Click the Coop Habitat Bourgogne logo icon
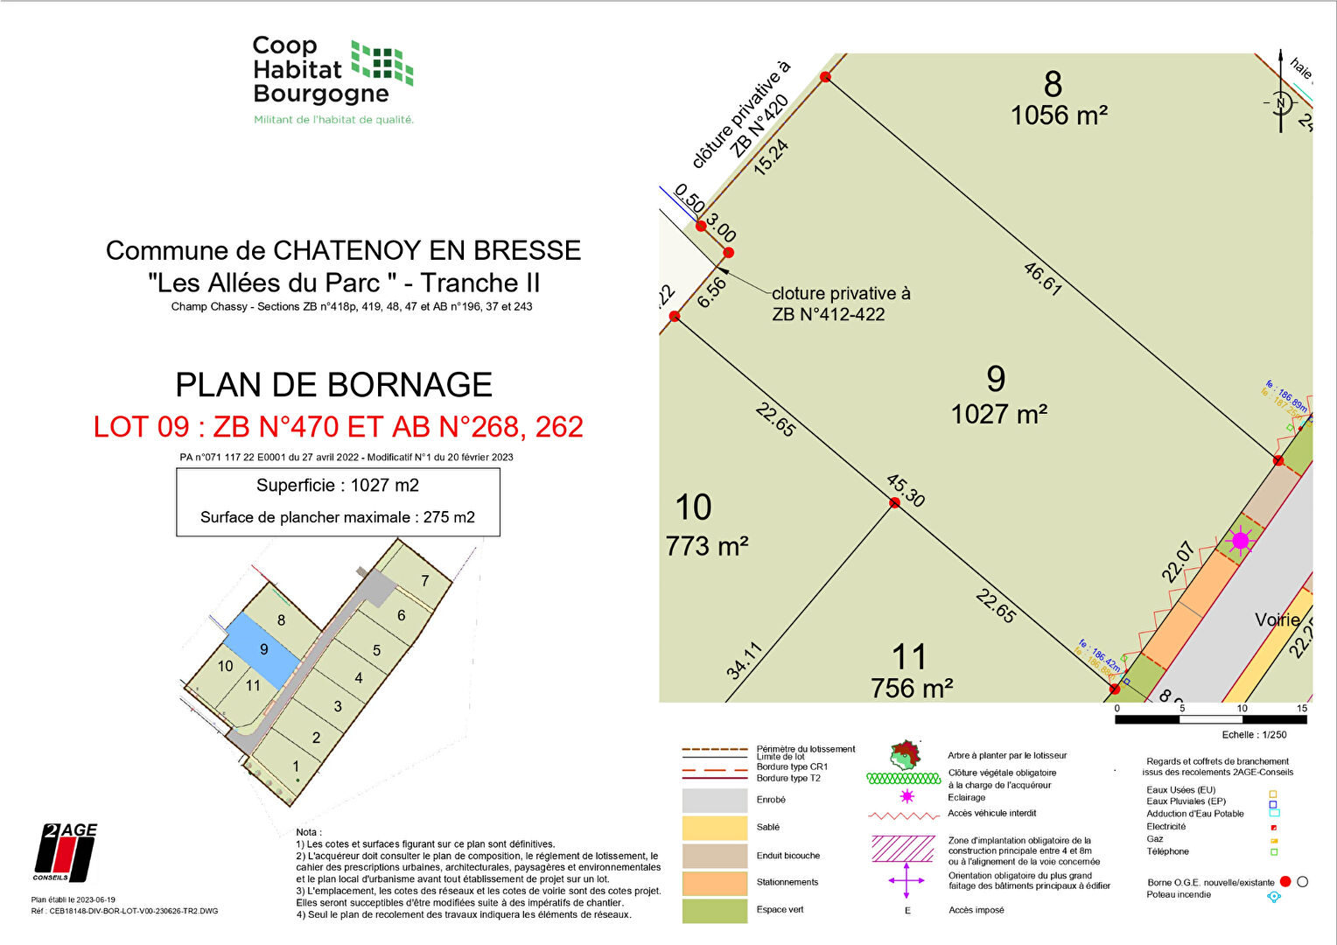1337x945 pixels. click(382, 62)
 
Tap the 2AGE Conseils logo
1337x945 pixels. click(66, 852)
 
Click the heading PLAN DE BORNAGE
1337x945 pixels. click(333, 385)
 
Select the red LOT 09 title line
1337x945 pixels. click(338, 427)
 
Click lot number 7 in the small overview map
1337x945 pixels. click(425, 581)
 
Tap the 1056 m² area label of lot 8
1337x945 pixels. click(1059, 115)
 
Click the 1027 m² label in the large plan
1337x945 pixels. click(999, 414)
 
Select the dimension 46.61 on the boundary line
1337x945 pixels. click(1042, 278)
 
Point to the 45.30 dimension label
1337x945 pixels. click(906, 490)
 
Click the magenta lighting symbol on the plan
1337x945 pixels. click(1240, 541)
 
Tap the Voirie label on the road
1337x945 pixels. click(1277, 619)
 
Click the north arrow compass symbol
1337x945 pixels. click(1281, 102)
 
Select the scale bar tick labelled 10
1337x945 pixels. click(1242, 708)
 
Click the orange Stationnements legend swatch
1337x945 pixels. click(715, 883)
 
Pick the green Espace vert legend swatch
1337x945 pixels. click(715, 910)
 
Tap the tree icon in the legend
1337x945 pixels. click(906, 753)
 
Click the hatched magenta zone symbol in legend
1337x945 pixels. click(903, 849)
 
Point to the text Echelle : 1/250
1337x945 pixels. click(1254, 735)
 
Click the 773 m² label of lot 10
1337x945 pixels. click(707, 547)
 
